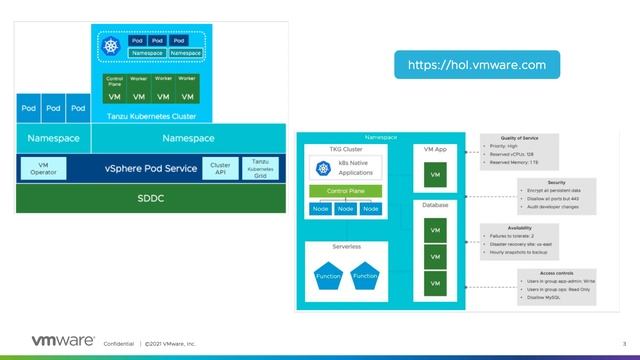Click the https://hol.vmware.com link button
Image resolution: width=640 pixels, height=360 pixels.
pos(476,65)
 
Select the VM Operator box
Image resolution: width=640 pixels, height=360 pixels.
pos(42,168)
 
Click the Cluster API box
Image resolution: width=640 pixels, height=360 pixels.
pos(219,168)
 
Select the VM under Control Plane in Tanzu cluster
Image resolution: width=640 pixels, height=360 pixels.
pos(114,97)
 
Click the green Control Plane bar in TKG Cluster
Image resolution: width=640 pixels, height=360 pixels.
pos(344,190)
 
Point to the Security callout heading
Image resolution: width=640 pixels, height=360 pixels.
pos(529,183)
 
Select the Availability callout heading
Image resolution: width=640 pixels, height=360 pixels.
pos(529,227)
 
